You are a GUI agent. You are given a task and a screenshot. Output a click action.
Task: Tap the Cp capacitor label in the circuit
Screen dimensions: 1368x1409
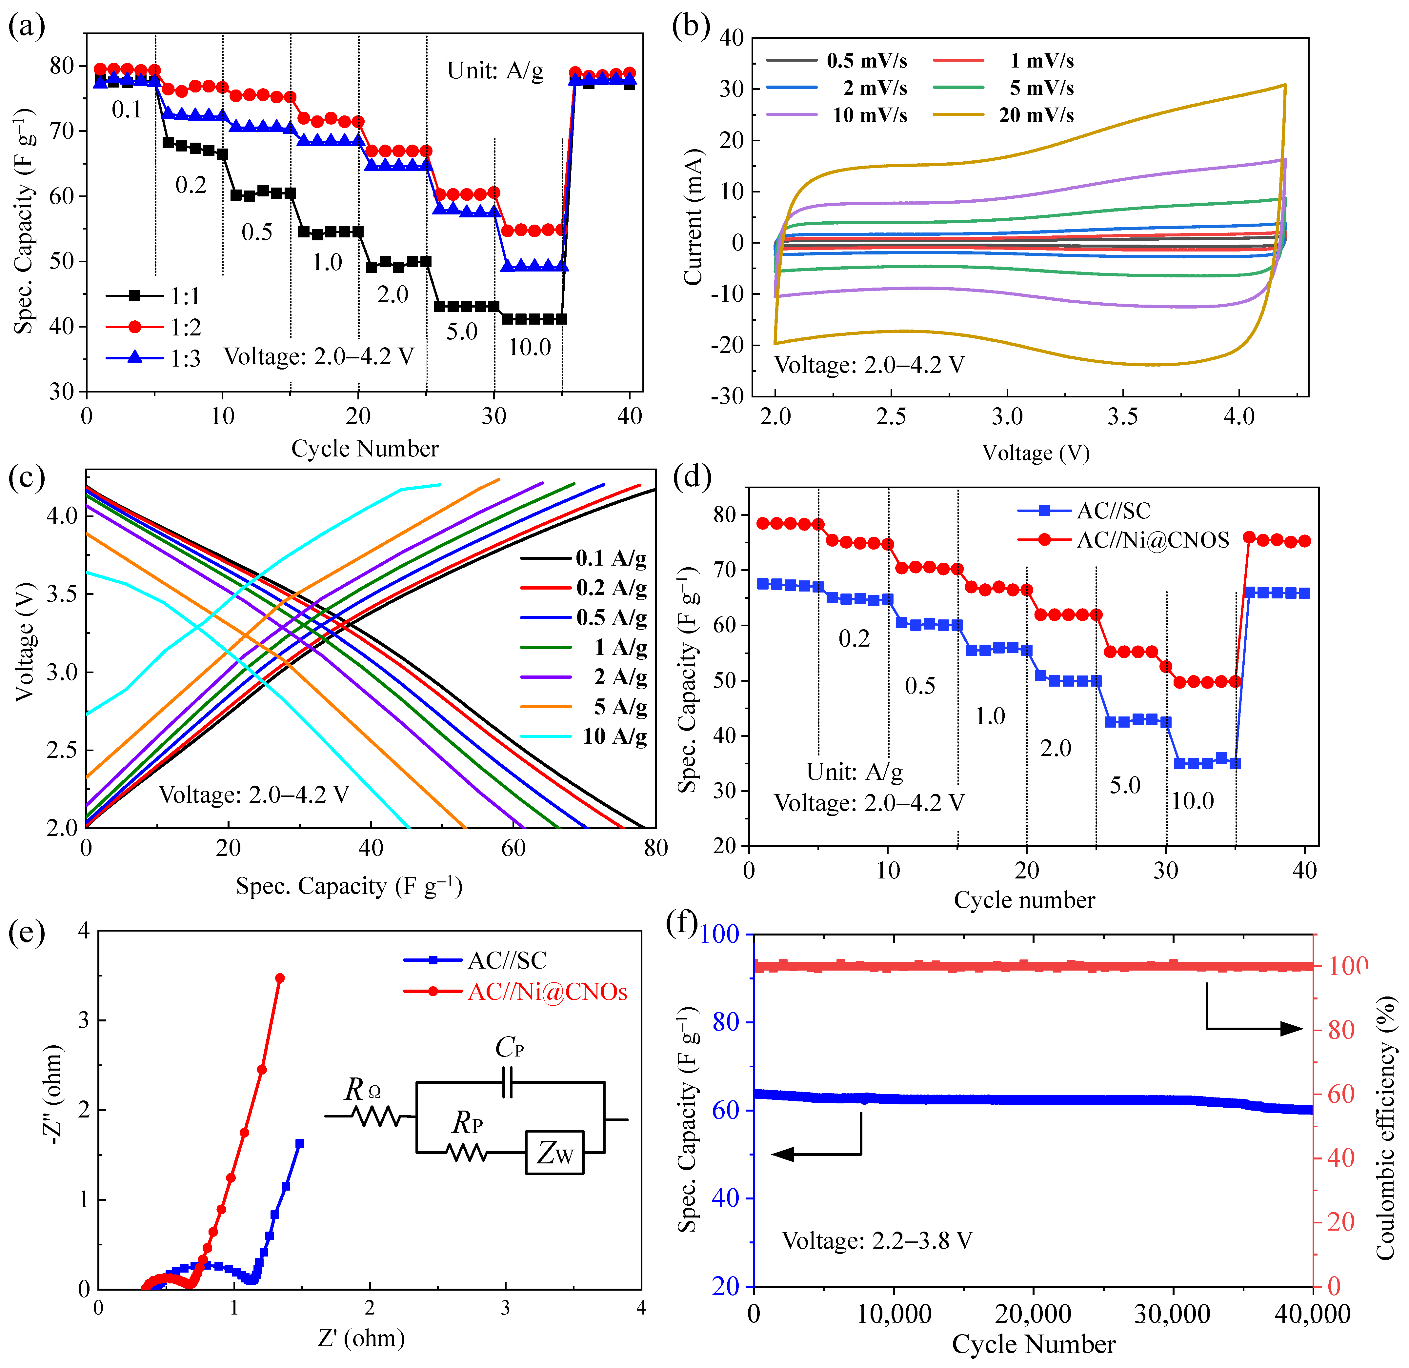[x=509, y=1047]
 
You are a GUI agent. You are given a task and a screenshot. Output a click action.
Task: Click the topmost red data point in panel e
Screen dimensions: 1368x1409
[x=280, y=978]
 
